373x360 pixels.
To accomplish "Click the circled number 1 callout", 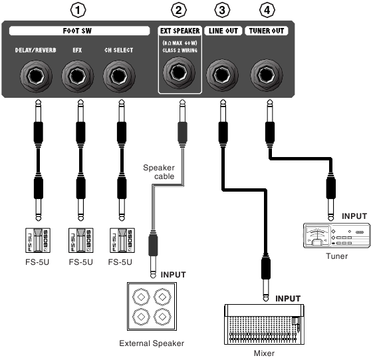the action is pos(78,10).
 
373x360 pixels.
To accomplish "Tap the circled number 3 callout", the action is pos(222,10).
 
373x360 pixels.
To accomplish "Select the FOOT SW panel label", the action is pos(77,31).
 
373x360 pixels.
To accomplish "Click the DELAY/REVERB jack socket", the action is pos(36,76).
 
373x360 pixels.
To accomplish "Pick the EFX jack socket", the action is pos(78,76).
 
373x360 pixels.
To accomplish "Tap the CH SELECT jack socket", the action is pos(119,76).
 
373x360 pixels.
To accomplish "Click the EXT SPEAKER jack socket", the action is pos(180,73).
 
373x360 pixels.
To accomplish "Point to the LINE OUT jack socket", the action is pos(222,75).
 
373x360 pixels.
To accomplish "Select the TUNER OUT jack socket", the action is pos(267,75).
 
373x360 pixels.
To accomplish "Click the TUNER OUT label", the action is pos(267,31).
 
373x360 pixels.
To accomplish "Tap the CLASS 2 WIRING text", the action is pos(180,51).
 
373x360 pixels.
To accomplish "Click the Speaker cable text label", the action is pos(159,172).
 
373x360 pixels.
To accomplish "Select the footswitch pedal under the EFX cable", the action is pos(81,240).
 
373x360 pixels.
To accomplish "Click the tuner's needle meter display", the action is pos(317,236).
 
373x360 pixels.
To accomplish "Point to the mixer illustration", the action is pos(264,324).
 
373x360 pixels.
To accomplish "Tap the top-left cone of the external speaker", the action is pos(141,297).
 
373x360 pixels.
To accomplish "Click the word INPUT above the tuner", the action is pos(354,216).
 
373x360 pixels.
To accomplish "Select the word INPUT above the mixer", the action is pos(288,299).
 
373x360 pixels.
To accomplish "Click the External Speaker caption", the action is pos(152,343).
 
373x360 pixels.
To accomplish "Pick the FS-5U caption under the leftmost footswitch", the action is pos(37,262).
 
